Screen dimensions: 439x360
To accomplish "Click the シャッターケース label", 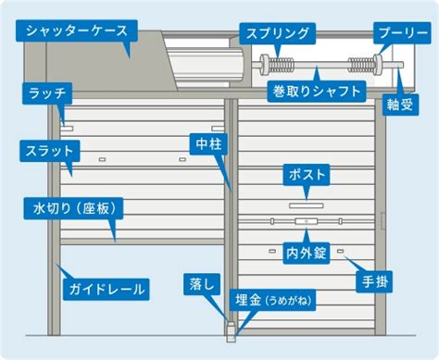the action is pyautogui.click(x=77, y=31).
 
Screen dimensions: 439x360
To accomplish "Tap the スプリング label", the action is pyautogui.click(x=278, y=33).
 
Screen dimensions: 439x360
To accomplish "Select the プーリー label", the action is pyautogui.click(x=402, y=32).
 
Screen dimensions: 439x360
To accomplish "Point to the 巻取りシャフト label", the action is pyautogui.click(x=317, y=92).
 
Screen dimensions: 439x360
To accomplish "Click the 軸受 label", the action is pyautogui.click(x=400, y=105).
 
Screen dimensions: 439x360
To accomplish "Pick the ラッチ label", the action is pyautogui.click(x=47, y=93).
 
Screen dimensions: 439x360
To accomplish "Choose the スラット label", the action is pyautogui.click(x=50, y=151).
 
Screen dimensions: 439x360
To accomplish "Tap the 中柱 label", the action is pyautogui.click(x=208, y=144).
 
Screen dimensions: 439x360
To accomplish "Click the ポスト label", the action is pyautogui.click(x=307, y=175).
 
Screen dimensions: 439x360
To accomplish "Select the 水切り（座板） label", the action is pyautogui.click(x=73, y=208).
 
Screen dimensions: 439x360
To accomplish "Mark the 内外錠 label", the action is pyautogui.click(x=307, y=254).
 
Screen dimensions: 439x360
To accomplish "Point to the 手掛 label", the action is pyautogui.click(x=374, y=281).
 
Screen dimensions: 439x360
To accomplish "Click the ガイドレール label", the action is pyautogui.click(x=107, y=290).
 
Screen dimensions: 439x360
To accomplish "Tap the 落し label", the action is pyautogui.click(x=202, y=284).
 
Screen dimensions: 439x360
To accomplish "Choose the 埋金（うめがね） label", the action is pyautogui.click(x=272, y=300).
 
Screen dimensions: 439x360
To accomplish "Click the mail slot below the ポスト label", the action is pyautogui.click(x=307, y=205).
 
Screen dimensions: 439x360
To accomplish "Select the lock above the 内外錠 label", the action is pyautogui.click(x=307, y=221).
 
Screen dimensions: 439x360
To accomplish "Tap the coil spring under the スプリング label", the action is pyautogui.click(x=281, y=65).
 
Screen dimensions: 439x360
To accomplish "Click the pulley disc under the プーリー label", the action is pyautogui.click(x=377, y=64).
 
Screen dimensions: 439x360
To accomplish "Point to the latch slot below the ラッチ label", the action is pyautogui.click(x=67, y=128).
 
